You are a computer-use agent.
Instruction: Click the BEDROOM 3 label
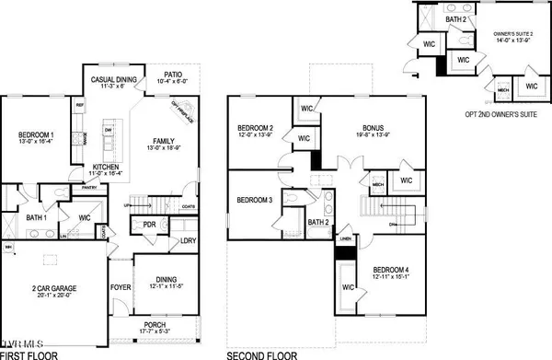[x=255, y=200]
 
